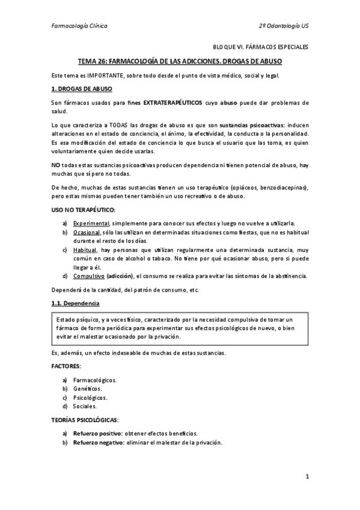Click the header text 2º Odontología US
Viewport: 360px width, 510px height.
(x=283, y=26)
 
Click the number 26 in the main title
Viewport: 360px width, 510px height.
(x=103, y=61)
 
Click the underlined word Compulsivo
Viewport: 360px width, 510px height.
(x=88, y=276)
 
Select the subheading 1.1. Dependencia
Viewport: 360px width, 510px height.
(x=75, y=303)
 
